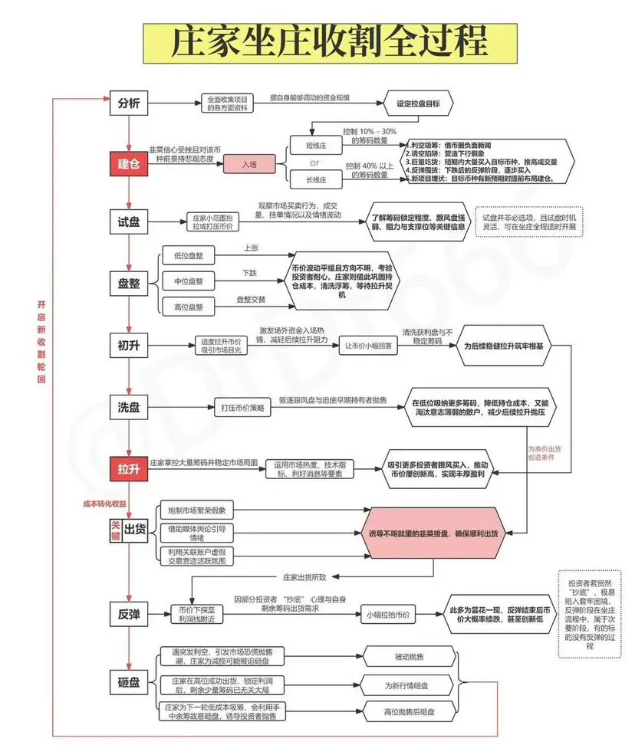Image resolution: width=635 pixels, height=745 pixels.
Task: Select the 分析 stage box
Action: tap(128, 104)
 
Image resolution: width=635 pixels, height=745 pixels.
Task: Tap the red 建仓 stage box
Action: tap(128, 164)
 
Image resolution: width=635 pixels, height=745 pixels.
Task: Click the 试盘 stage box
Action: tap(128, 221)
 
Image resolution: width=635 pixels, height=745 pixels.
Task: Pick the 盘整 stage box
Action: tap(128, 282)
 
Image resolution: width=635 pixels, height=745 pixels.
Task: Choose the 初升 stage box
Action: tap(128, 345)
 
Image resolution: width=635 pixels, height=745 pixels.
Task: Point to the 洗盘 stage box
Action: tap(128, 408)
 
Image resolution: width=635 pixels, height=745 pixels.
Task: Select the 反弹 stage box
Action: tap(128, 613)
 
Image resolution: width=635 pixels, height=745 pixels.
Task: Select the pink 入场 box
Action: tap(248, 164)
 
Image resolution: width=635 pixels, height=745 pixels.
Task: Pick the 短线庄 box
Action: tap(314, 146)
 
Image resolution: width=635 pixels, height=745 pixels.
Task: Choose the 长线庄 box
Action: tap(314, 179)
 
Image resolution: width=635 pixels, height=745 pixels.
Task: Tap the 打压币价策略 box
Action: tap(242, 409)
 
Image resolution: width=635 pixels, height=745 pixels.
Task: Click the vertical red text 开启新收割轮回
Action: tap(42, 342)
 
